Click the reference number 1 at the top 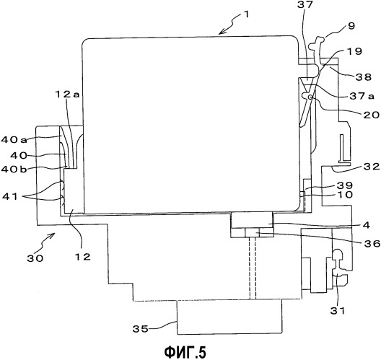click(x=246, y=14)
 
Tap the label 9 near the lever click(x=351, y=26)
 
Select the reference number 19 click(x=354, y=51)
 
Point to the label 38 click(x=364, y=77)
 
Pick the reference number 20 click(x=371, y=115)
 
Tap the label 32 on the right click(x=372, y=167)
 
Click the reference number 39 click(x=344, y=185)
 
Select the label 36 click(x=372, y=243)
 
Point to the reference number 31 click(x=338, y=310)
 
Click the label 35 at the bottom click(x=140, y=329)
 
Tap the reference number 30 click(x=35, y=258)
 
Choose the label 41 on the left click(x=10, y=196)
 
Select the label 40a click(x=14, y=140)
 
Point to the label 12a click(x=67, y=95)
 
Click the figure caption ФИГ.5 click(x=185, y=352)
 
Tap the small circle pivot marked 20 click(x=310, y=97)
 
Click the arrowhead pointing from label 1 click(x=222, y=32)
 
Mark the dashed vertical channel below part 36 click(x=253, y=268)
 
